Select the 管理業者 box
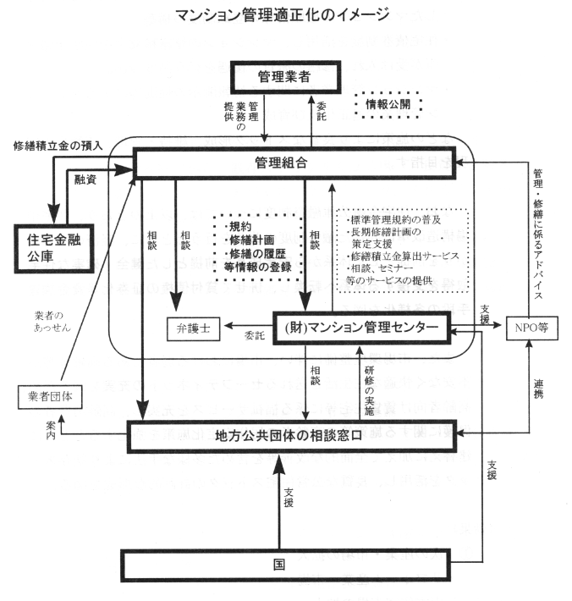[285, 77]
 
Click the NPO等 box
[531, 327]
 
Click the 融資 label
[85, 179]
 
